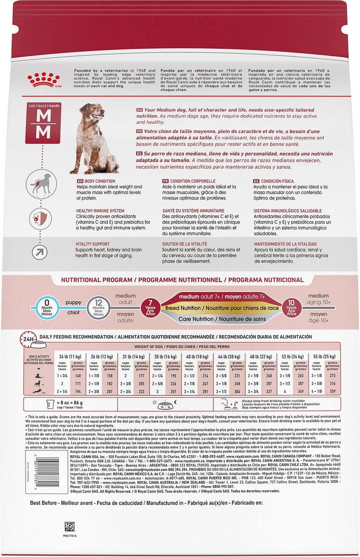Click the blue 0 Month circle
click(x=40, y=307)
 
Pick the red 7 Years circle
click(x=150, y=307)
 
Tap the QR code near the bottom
click(x=70, y=526)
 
